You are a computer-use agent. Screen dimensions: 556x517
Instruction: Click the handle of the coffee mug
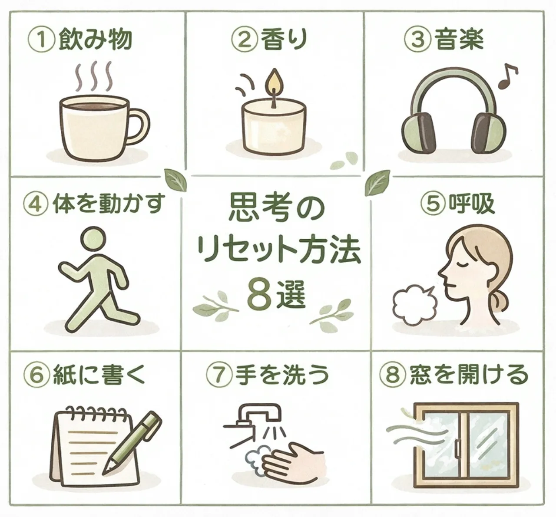pyautogui.click(x=143, y=126)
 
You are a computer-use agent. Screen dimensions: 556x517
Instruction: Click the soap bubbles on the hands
pyautogui.click(x=256, y=458)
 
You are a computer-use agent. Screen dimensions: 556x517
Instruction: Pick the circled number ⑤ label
pyautogui.click(x=434, y=204)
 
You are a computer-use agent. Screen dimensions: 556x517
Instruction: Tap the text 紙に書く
pyautogui.click(x=99, y=374)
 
